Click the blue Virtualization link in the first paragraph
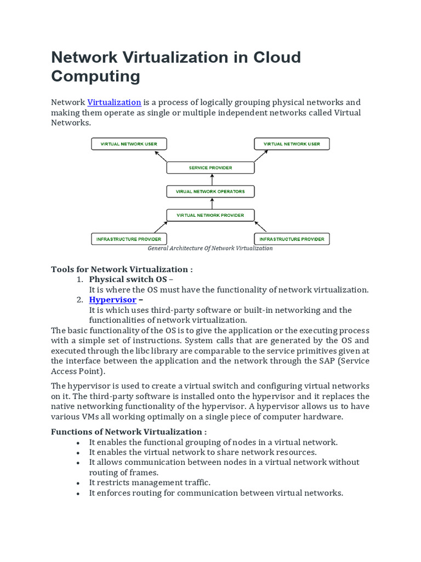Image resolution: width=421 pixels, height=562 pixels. click(115, 102)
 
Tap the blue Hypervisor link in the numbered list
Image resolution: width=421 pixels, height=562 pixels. click(113, 300)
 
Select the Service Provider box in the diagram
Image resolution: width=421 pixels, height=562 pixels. click(210, 167)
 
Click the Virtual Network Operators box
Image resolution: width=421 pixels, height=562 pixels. click(210, 192)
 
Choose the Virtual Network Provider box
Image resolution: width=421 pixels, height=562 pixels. click(210, 215)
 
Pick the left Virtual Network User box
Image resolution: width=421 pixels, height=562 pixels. click(129, 144)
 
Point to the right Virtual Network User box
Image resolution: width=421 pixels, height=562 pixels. click(292, 144)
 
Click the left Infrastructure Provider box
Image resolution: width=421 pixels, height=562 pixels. click(129, 239)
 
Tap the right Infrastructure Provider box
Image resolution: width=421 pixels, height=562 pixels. click(292, 239)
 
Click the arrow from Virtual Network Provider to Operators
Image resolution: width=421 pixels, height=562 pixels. click(210, 203)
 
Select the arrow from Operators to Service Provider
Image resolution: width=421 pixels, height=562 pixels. click(210, 179)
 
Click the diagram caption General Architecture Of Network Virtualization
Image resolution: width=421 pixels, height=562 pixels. click(210, 248)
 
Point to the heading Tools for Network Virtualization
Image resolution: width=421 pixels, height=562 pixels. click(122, 269)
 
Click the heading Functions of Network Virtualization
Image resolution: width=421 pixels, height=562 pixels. click(129, 431)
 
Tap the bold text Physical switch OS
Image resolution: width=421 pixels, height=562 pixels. click(128, 279)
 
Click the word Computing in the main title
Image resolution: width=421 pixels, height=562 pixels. click(95, 76)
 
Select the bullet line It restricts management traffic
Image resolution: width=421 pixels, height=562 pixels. click(150, 482)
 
